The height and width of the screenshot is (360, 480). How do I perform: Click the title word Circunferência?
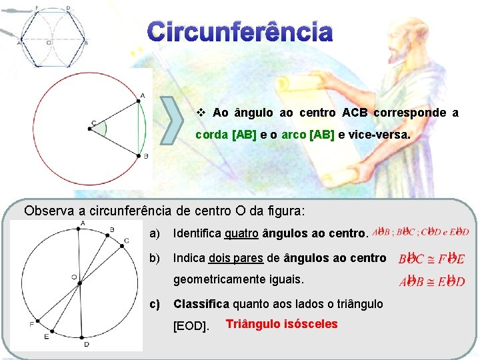(239, 32)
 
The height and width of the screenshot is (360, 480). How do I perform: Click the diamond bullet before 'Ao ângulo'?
(201, 113)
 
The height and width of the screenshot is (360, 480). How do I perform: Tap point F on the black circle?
(35, 323)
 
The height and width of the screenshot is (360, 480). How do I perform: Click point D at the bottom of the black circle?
(86, 339)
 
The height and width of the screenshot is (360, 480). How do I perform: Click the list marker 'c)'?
(155, 304)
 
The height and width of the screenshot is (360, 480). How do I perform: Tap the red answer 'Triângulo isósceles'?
(282, 325)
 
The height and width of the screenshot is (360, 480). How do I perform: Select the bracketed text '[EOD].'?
(191, 327)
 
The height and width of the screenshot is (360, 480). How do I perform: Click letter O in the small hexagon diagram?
(49, 42)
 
